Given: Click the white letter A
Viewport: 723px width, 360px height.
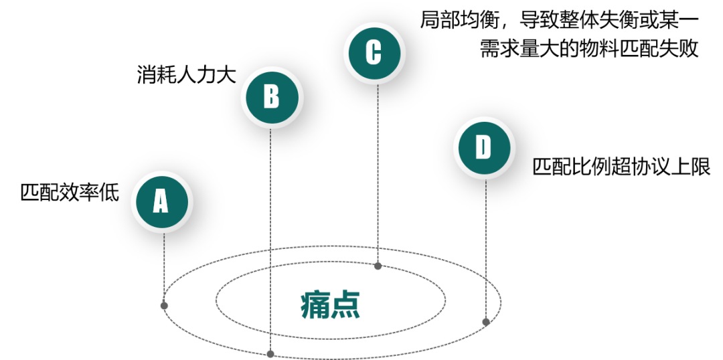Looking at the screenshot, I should [161, 201].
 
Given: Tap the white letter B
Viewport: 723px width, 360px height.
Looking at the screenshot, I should [271, 97].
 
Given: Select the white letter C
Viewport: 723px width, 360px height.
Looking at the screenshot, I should [374, 53].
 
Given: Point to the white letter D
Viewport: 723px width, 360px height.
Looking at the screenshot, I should [483, 148].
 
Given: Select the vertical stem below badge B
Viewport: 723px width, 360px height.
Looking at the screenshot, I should [270, 234].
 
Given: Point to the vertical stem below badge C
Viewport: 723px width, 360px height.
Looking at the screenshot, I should [378, 167].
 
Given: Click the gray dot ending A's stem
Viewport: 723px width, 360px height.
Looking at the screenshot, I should [164, 306].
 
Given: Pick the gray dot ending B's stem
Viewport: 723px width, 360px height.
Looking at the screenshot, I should [270, 354].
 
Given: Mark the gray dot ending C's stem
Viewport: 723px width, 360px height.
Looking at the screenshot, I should [378, 266].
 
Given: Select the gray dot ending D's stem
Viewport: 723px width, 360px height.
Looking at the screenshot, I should [486, 323].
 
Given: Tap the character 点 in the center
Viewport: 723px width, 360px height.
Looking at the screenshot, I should [346, 305].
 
